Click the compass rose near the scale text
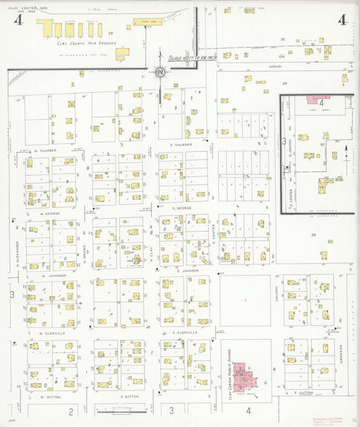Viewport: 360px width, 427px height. [x=160, y=72]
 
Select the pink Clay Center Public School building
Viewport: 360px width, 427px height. [x=240, y=374]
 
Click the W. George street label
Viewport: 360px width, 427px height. [x=51, y=214]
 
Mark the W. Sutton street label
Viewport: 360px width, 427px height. [x=51, y=397]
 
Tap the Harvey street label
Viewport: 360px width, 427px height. [x=274, y=67]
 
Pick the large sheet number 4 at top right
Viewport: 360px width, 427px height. [x=342, y=20]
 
